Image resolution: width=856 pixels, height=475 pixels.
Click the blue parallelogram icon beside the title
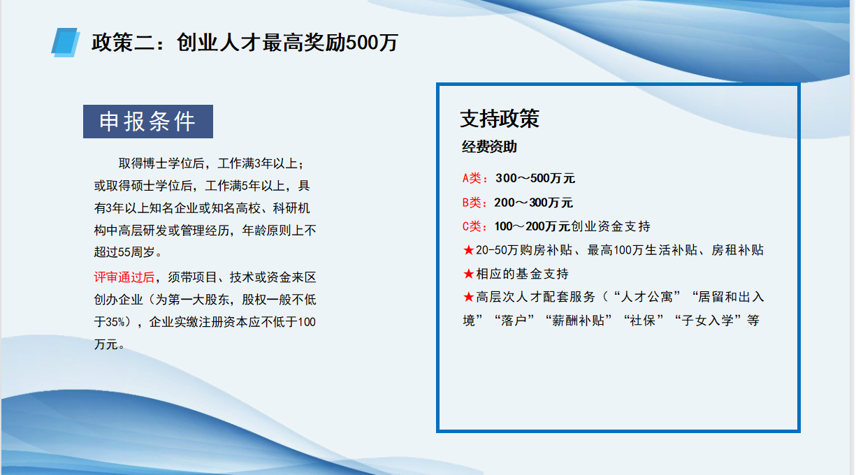pyautogui.click(x=66, y=43)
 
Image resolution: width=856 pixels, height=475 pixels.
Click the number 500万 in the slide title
pyautogui.click(x=372, y=43)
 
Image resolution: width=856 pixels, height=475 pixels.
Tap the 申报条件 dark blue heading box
pyautogui.click(x=148, y=122)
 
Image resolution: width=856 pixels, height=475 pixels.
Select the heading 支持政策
pyautogui.click(x=500, y=119)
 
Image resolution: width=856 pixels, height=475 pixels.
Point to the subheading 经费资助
pyautogui.click(x=489, y=147)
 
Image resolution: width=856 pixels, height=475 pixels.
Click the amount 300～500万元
pyautogui.click(x=535, y=178)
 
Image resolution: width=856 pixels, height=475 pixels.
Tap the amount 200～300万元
pyautogui.click(x=533, y=203)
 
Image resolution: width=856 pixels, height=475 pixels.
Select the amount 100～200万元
pyautogui.click(x=532, y=226)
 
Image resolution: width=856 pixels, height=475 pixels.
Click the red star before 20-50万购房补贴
pyautogui.click(x=468, y=250)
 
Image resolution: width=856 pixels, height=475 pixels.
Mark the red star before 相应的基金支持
pyautogui.click(x=468, y=274)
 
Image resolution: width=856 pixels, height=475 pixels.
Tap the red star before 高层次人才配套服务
pyautogui.click(x=468, y=297)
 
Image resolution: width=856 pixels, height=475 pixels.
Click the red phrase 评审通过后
pyautogui.click(x=124, y=277)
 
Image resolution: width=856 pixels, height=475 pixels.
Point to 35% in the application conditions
pyautogui.click(x=115, y=322)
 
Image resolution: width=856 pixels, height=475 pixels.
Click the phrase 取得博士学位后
pyautogui.click(x=161, y=163)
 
